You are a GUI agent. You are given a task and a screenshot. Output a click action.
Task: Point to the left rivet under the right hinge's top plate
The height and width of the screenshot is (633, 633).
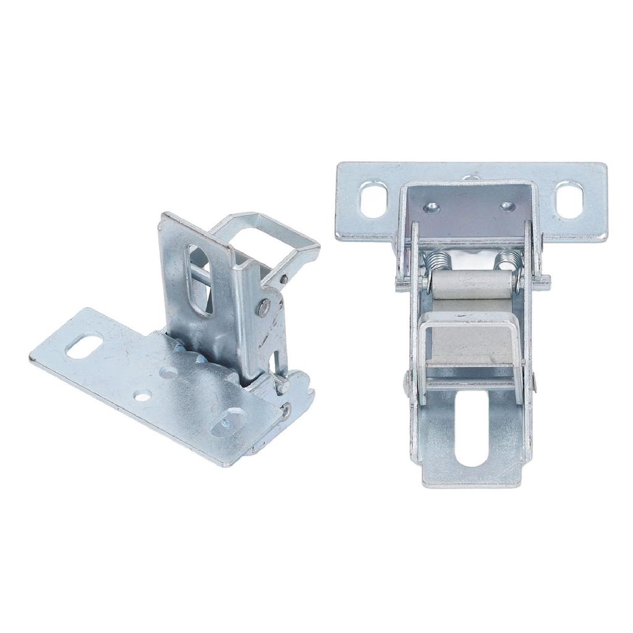pyautogui.click(x=432, y=208)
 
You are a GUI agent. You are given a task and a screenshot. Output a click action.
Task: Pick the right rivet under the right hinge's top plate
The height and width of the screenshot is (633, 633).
pyautogui.click(x=506, y=206)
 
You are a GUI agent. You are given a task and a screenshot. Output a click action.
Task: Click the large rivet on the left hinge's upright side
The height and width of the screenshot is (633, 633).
pyautogui.click(x=265, y=307)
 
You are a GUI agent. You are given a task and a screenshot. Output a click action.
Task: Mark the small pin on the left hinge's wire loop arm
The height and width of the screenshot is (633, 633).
pyautogui.click(x=284, y=279)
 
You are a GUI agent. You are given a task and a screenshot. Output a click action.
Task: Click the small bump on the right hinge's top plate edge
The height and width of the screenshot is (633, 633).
pyautogui.click(x=472, y=177)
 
